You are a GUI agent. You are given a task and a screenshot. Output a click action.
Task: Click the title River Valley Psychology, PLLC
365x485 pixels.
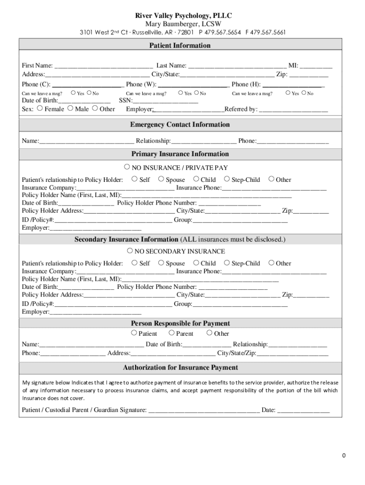183,16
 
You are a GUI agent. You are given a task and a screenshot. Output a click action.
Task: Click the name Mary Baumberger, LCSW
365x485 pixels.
183,24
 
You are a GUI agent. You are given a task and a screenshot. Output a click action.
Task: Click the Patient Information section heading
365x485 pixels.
180,45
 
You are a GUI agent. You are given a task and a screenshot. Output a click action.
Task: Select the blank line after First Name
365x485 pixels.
103,66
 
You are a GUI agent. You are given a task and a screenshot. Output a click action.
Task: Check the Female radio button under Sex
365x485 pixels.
40,108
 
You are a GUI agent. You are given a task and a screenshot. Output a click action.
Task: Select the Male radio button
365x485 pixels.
70,108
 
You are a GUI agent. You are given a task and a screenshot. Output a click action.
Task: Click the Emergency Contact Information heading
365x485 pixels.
180,125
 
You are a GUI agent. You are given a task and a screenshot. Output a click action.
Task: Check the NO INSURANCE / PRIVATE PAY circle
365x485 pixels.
127,167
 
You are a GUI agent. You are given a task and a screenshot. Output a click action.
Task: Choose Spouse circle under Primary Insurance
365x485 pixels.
161,179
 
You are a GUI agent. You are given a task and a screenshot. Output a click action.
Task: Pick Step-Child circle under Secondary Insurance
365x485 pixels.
227,262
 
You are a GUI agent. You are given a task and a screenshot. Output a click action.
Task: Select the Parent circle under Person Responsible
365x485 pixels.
172,333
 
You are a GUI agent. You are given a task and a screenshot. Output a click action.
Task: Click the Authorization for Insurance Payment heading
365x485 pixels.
180,368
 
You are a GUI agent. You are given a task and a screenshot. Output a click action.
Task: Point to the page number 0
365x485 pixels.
344,456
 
